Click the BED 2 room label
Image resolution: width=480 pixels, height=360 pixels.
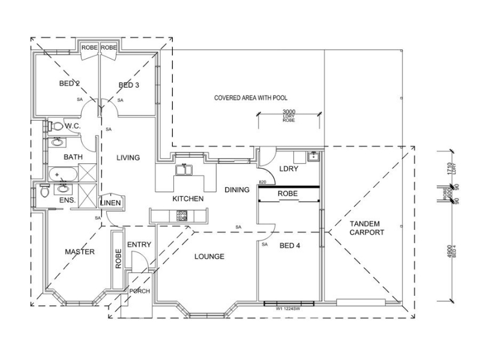coord(70,84)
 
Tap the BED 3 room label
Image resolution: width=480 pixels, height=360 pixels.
coord(128,85)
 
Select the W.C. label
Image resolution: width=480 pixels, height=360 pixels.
coord(73,126)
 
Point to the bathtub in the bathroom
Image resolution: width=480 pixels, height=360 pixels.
coord(62,175)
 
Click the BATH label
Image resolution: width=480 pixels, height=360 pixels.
coord(73,158)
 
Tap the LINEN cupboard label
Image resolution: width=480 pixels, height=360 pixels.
coord(112,203)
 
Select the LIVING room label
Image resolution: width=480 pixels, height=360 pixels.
coord(128,158)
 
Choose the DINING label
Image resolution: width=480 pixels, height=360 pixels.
coord(237,190)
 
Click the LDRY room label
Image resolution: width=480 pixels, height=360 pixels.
coord(289,169)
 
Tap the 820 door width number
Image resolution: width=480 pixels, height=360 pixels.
coord(262,182)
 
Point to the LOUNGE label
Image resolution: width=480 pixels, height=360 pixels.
coord(209,257)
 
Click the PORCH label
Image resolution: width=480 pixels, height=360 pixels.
coord(139,292)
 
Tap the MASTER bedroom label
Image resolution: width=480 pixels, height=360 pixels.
coord(80,252)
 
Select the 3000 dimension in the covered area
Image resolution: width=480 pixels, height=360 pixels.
coord(289,112)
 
